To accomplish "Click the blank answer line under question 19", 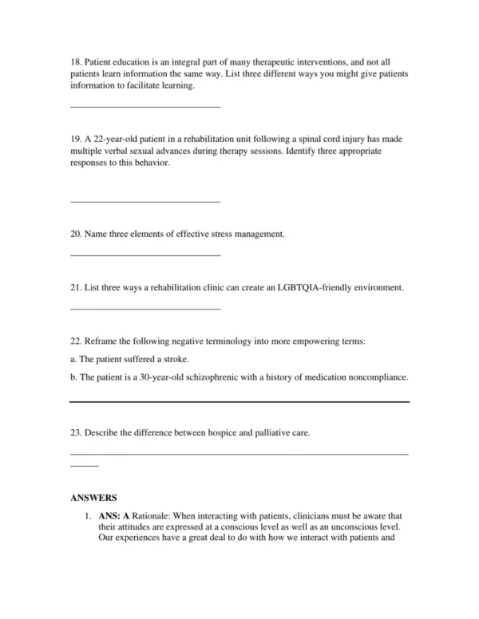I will [145, 201].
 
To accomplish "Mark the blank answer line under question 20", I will [145, 255].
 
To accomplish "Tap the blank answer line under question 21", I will [145, 308].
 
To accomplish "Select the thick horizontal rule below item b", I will [239, 402].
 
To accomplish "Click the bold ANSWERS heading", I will [93, 498].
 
